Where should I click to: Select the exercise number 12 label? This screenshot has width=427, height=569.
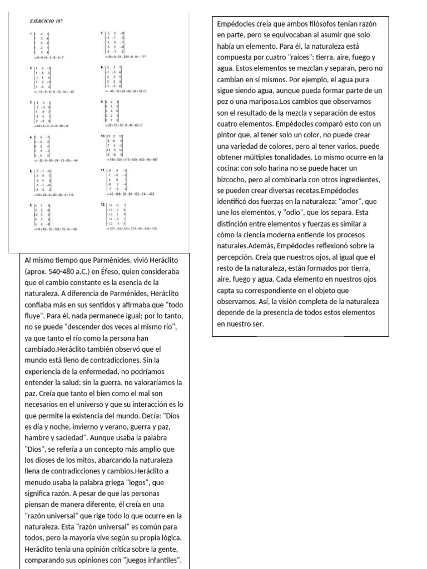[x=102, y=204]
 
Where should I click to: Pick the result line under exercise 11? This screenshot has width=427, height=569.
[x=128, y=194]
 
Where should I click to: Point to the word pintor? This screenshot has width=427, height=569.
[x=230, y=135]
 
